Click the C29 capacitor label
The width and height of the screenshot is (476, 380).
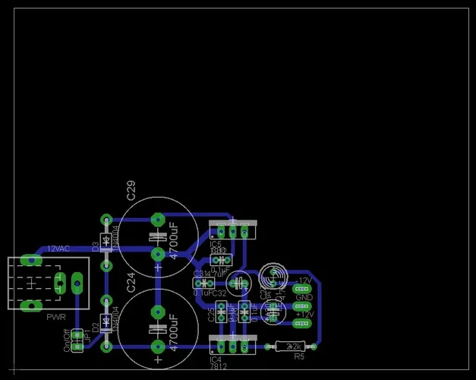point(131,190)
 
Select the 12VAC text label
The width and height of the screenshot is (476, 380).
point(59,249)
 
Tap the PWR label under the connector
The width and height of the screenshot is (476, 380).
point(56,317)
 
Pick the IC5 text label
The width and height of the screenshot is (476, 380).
point(216,244)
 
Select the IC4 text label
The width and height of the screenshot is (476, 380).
point(216,359)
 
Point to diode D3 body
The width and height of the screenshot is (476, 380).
point(106,242)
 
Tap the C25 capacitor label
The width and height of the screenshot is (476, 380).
point(211,315)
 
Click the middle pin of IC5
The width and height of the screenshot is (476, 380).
point(232,230)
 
